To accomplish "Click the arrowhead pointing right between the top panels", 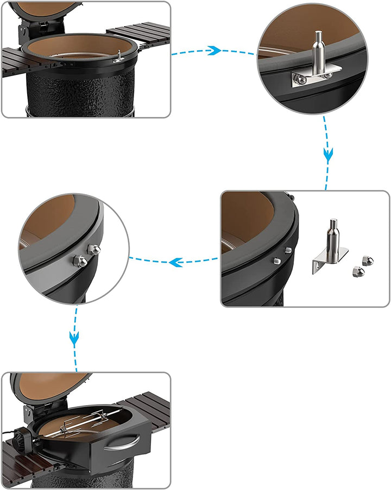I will [x=214, y=51].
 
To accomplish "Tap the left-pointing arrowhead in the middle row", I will [x=175, y=263].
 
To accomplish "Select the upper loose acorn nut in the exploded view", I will [x=368, y=260].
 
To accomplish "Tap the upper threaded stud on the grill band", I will [x=288, y=250].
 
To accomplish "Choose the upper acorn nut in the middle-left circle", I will [x=93, y=250].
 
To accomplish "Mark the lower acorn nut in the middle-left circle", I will [x=80, y=262].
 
